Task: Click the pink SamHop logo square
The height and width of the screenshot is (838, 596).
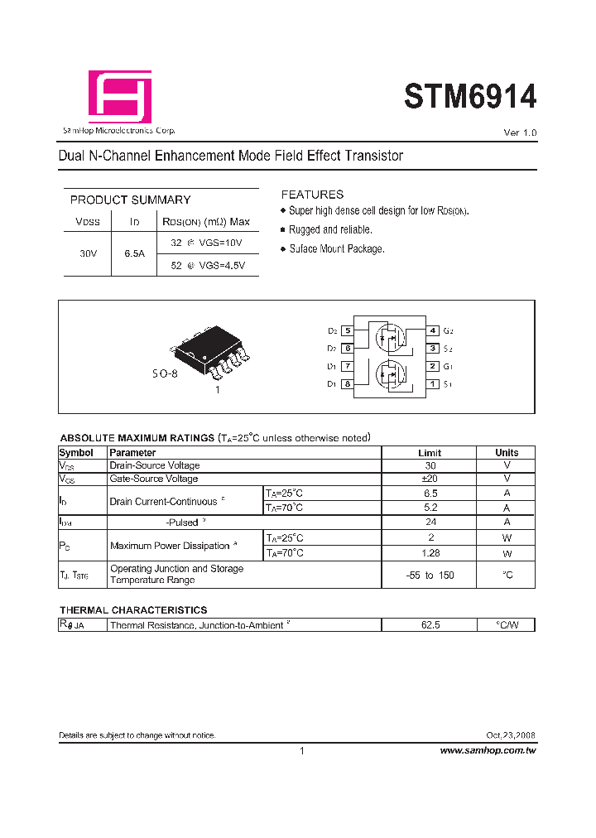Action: (x=120, y=98)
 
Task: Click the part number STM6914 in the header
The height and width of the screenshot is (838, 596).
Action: (x=469, y=97)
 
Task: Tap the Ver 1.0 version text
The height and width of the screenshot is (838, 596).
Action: (x=520, y=133)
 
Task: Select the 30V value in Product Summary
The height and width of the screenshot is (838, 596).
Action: (x=89, y=254)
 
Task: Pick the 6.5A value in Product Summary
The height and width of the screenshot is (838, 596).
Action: (x=134, y=254)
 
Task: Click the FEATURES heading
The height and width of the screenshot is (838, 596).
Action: (x=312, y=195)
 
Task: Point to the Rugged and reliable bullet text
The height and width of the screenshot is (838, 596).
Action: (x=330, y=230)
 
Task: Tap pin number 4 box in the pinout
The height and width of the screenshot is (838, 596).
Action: (x=433, y=330)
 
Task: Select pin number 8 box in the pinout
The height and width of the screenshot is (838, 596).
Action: (x=348, y=384)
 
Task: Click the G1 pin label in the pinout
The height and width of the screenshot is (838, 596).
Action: (x=449, y=366)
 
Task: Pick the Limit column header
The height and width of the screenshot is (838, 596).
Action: (x=430, y=453)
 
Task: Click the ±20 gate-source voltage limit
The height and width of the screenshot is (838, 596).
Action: (x=430, y=479)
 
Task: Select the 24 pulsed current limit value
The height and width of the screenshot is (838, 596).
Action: (x=430, y=523)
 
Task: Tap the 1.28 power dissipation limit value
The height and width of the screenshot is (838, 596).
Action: (x=430, y=552)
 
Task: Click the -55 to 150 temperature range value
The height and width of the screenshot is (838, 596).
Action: (x=430, y=575)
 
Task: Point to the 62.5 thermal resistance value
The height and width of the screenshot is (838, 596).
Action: (x=430, y=625)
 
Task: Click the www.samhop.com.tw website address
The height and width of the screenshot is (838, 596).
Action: (x=488, y=750)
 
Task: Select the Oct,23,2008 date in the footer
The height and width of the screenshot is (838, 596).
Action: (x=511, y=735)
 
